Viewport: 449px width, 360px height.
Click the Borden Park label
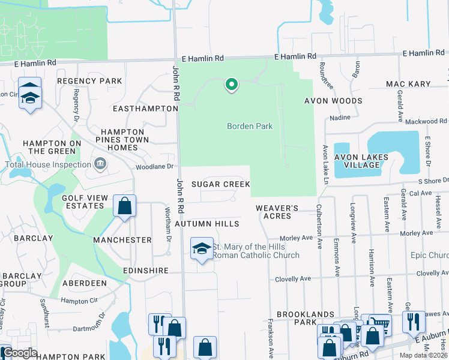pyautogui.click(x=250, y=126)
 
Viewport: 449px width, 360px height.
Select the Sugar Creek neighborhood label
pyautogui.click(x=220, y=184)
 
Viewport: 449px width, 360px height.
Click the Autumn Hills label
pyautogui.click(x=207, y=224)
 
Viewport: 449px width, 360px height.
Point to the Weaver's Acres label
pyautogui.click(x=277, y=212)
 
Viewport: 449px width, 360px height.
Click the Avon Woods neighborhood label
pyautogui.click(x=333, y=101)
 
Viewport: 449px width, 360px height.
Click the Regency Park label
pyautogui.click(x=89, y=81)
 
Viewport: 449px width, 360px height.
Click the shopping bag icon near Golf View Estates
pyautogui.click(x=125, y=206)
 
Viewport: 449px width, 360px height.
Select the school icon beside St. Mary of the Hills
pyautogui.click(x=202, y=248)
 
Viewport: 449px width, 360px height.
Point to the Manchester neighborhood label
pyautogui.click(x=122, y=240)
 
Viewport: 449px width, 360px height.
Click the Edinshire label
pyautogui.click(x=146, y=271)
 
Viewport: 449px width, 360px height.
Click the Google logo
pyautogui.click(x=20, y=353)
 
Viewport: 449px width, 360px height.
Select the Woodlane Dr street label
pyautogui.click(x=154, y=166)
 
